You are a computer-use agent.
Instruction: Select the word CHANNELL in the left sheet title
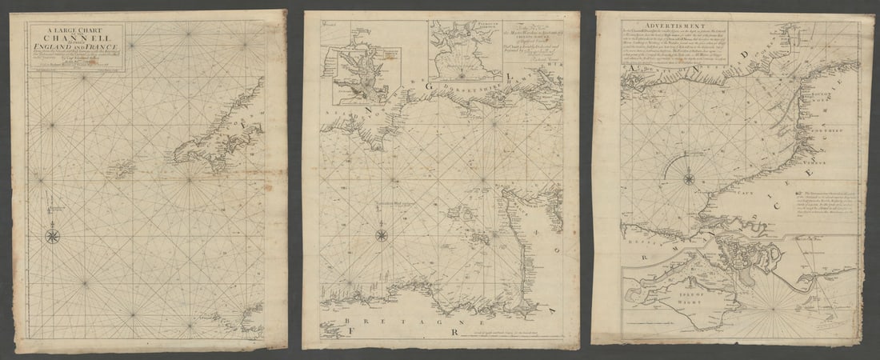click(76, 37)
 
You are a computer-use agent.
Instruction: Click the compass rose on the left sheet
click(53, 236)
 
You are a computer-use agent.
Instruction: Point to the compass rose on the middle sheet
click(382, 235)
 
